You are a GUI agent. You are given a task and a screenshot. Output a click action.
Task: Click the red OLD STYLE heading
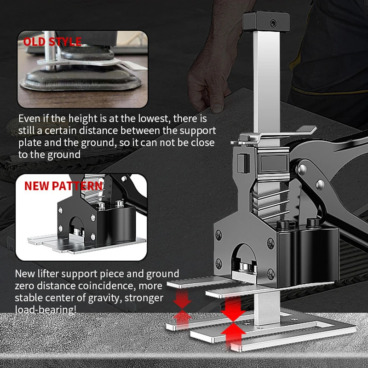coord(52,42)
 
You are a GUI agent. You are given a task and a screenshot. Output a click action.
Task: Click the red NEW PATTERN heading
coord(63,186)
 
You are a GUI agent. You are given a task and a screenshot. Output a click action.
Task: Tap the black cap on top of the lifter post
coord(266,21)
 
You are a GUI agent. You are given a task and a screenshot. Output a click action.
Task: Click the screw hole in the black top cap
coord(273,23)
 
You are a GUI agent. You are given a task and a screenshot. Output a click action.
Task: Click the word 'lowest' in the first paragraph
coord(153,119)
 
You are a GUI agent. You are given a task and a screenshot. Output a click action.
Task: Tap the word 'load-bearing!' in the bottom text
coord(46,310)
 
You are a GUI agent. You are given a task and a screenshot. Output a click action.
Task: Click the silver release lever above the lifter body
coord(275,134)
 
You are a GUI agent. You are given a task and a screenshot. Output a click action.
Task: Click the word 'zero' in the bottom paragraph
coord(24,286)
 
